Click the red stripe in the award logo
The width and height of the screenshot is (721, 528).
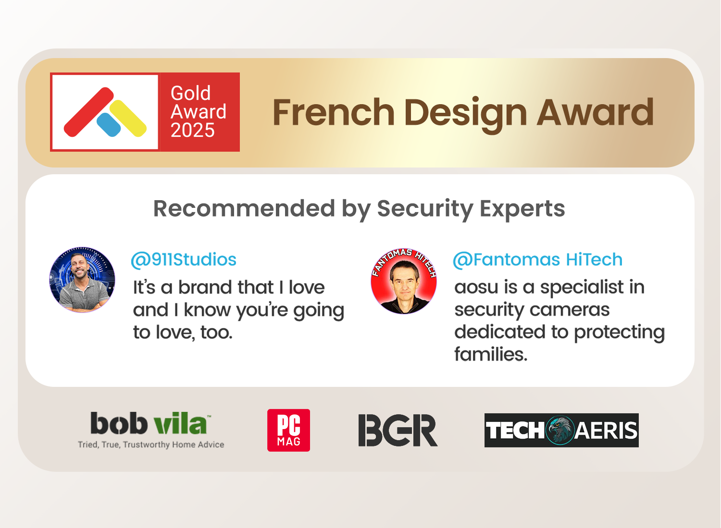tap(89, 112)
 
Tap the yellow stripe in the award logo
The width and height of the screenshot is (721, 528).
tap(128, 118)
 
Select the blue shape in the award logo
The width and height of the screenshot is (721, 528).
tap(109, 125)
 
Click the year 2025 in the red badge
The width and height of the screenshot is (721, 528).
tap(192, 130)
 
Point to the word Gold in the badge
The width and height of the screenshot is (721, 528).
tap(190, 93)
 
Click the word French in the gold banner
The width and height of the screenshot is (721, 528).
tap(334, 112)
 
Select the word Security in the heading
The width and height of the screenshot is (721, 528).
tap(425, 210)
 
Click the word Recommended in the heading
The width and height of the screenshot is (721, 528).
tap(244, 209)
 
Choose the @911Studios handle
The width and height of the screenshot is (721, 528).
tap(184, 260)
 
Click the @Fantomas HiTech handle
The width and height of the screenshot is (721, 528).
tap(538, 260)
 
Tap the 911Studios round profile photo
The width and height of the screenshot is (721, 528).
tap(82, 279)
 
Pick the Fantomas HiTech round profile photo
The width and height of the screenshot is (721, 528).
tap(404, 281)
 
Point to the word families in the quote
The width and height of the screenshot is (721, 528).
tap(491, 354)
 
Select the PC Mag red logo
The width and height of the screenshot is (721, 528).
tap(289, 430)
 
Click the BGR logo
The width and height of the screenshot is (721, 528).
tap(398, 430)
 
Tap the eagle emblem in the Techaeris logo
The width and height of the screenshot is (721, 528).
tap(560, 430)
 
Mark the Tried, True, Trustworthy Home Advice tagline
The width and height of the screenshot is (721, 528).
tap(151, 445)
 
